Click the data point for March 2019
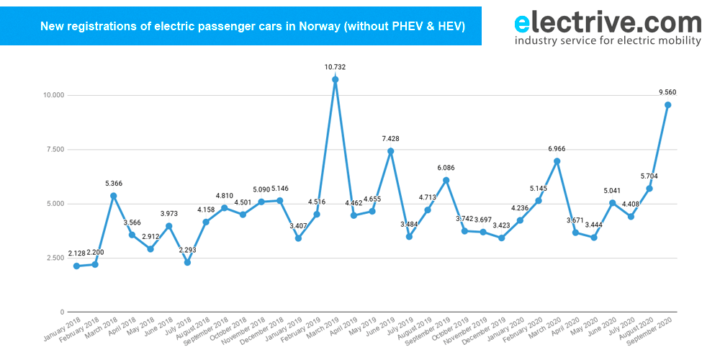pyautogui.click(x=336, y=80)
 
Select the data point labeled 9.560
pyautogui.click(x=668, y=105)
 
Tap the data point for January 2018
pyautogui.click(x=76, y=266)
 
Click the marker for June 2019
pyautogui.click(x=391, y=151)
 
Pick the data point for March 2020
pyautogui.click(x=557, y=161)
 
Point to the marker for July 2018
pyautogui.click(x=187, y=262)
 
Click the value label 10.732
pyautogui.click(x=336, y=67)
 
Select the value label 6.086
pyautogui.click(x=446, y=168)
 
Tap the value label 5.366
pyautogui.click(x=114, y=183)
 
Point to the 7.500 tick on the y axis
pyautogui.click(x=54, y=150)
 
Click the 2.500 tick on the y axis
pyautogui.click(x=54, y=258)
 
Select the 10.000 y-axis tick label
pyautogui.click(x=53, y=95)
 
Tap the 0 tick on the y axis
pyautogui.click(x=62, y=312)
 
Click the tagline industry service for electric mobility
pyautogui.click(x=607, y=41)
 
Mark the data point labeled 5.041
pyautogui.click(x=613, y=203)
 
